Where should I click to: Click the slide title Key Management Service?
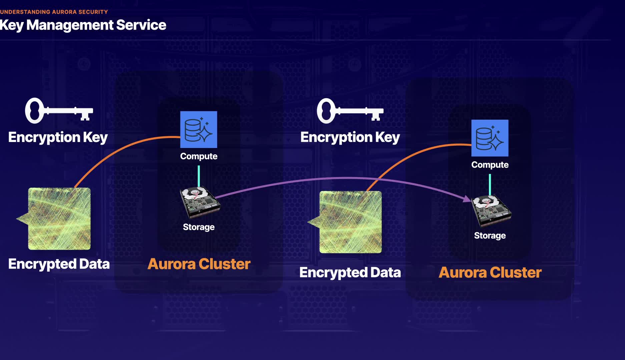(83, 25)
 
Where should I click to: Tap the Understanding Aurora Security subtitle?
(54, 12)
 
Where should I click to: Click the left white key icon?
(59, 110)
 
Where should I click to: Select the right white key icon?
(350, 111)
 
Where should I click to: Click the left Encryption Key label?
(58, 137)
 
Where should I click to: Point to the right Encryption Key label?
(350, 137)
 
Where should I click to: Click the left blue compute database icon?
(198, 129)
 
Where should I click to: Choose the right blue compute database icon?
(490, 138)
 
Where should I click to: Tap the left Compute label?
(199, 156)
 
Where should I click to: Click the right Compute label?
(490, 165)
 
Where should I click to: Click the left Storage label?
(199, 227)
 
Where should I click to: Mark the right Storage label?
(490, 236)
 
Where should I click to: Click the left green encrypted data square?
(59, 219)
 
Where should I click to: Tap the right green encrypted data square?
(350, 222)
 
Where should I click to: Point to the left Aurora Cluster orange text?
(199, 264)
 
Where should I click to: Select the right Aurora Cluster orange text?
(490, 273)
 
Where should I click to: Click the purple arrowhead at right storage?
(467, 199)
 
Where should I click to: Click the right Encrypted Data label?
(350, 273)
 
